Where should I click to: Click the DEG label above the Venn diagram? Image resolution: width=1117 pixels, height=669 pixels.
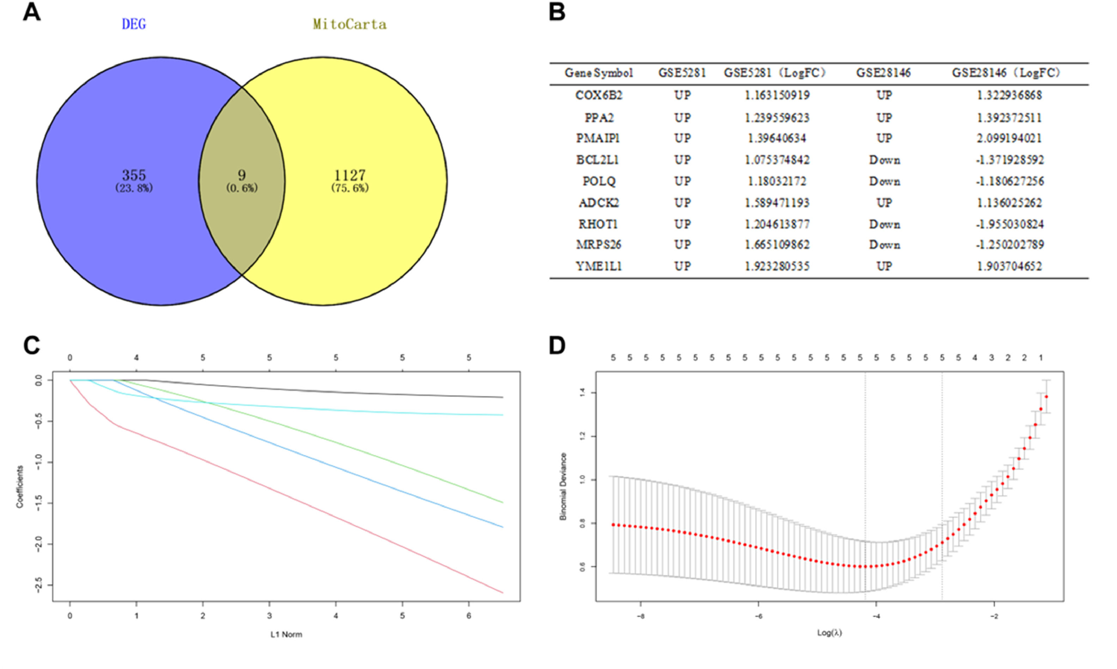point(134,24)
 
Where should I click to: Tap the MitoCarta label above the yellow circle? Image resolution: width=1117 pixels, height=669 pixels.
point(350,24)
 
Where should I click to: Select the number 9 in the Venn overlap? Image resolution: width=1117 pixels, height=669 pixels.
point(242,175)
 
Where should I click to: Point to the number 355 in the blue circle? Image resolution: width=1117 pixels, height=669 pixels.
point(134,175)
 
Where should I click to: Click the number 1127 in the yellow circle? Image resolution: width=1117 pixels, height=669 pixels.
point(350,175)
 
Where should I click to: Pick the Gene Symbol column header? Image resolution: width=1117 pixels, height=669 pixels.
point(599,73)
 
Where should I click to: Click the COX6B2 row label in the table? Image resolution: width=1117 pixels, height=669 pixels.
point(599,95)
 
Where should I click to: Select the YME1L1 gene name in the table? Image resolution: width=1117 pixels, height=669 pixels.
point(599,266)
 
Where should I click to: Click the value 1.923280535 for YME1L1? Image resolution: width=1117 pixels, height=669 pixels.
point(777,266)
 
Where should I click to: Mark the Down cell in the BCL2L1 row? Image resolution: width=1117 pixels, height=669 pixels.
point(885,160)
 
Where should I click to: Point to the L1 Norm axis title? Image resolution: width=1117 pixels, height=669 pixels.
point(286,634)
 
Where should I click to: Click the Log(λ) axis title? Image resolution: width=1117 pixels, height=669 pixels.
point(830,632)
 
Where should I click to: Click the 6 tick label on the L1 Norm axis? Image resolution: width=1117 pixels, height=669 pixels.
point(469,616)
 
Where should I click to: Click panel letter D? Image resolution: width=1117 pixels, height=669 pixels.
point(557,345)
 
